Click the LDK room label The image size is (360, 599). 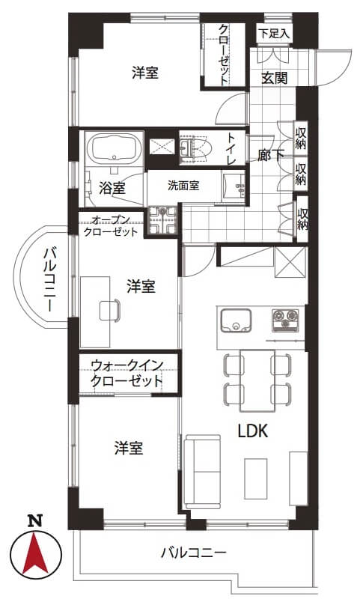click(253, 431)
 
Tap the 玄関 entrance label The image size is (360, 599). click(274, 78)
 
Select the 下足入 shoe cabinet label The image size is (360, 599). click(274, 33)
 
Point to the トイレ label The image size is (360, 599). click(231, 148)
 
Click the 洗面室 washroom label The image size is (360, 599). click(183, 186)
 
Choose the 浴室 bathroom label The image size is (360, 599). click(112, 188)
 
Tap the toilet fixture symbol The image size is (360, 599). click(195, 148)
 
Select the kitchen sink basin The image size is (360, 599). click(237, 320)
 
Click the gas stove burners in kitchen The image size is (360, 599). click(285, 320)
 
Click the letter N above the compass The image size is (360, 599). click(35, 521)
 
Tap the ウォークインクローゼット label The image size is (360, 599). click(127, 373)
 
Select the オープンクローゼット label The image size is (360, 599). click(110, 226)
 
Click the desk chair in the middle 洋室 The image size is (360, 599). click(109, 310)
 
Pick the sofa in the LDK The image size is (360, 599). click(202, 472)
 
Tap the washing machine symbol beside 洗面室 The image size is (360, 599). click(162, 219)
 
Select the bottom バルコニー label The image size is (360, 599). click(194, 553)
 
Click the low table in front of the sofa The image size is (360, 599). click(255, 478)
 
